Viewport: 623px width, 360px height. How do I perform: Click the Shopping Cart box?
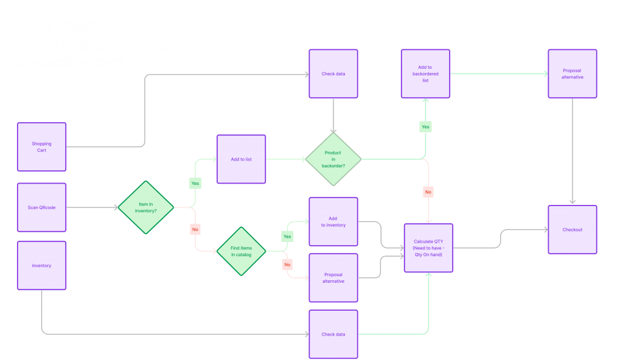(x=42, y=147)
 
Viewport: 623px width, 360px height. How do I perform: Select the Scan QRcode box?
(x=42, y=207)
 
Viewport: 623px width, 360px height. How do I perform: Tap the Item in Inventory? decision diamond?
(x=145, y=207)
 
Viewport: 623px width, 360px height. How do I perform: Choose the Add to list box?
(x=242, y=159)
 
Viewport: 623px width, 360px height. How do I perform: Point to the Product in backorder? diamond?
(x=333, y=159)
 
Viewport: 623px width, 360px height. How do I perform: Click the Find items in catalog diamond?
(x=242, y=251)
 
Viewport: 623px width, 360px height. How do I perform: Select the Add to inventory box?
(x=333, y=221)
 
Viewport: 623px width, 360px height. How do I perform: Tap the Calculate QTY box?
(x=428, y=248)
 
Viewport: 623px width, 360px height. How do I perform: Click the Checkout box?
(x=573, y=230)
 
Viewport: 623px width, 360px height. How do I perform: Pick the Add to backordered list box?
(x=425, y=74)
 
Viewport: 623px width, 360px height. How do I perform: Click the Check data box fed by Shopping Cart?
(x=333, y=74)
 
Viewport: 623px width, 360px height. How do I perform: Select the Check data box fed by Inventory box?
(x=333, y=334)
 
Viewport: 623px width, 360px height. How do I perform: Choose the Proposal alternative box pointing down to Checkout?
(x=573, y=74)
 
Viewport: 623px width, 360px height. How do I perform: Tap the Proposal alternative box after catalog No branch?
(x=333, y=278)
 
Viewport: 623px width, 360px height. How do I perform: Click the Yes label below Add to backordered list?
(x=425, y=127)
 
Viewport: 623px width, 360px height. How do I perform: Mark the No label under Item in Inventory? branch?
(x=195, y=230)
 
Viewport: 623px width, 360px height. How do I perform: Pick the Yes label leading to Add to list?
(x=195, y=182)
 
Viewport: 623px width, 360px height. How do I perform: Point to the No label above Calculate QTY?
(x=428, y=192)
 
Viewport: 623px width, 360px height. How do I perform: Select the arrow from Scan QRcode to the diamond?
(x=91, y=207)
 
